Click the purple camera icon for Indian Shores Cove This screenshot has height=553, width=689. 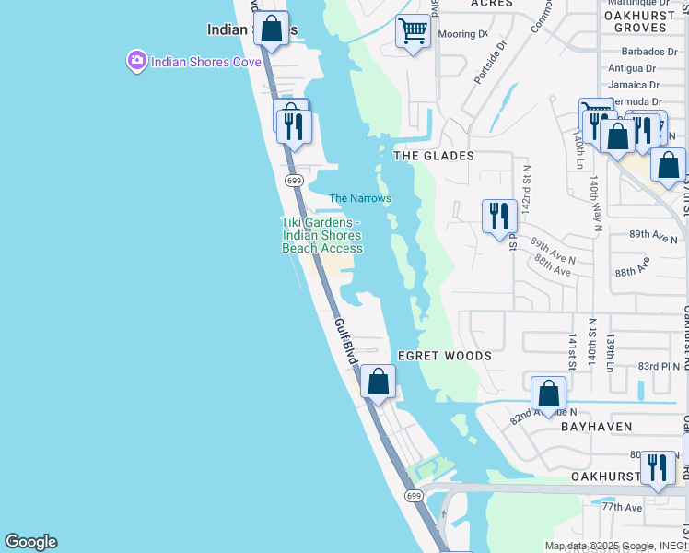(x=137, y=61)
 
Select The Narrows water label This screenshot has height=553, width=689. (x=360, y=198)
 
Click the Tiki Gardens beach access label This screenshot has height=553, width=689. (x=321, y=235)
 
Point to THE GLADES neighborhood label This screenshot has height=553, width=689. (x=434, y=156)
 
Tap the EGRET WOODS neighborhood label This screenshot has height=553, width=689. (x=444, y=356)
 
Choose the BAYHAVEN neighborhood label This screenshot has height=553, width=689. (x=598, y=427)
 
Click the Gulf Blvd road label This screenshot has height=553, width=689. (x=344, y=342)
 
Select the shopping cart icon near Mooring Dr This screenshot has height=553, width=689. (x=413, y=32)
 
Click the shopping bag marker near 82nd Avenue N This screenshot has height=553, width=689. (x=548, y=394)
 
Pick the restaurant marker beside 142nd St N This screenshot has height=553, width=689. (x=499, y=217)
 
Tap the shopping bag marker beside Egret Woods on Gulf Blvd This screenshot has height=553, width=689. (x=378, y=382)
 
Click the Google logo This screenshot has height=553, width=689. (x=30, y=542)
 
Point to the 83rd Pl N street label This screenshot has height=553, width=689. (x=659, y=366)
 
